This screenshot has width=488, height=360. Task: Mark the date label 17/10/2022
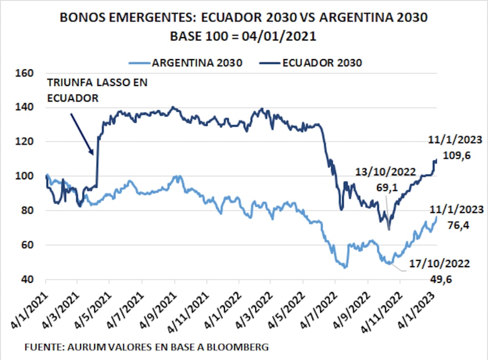point(439,264)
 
